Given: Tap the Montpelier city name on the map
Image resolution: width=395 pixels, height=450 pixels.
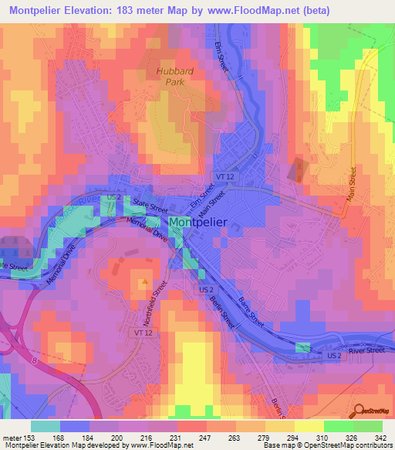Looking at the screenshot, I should (x=197, y=222).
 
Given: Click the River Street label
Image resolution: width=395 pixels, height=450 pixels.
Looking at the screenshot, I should (x=366, y=350).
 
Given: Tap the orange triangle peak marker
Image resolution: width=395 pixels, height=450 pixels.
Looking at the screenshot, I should (x=143, y=283).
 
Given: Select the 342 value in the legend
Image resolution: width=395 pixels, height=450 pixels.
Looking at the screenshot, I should (x=382, y=437).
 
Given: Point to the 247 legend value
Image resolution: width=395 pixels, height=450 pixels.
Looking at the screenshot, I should (x=206, y=437).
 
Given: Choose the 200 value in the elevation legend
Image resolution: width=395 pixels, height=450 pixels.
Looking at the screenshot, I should (x=118, y=437).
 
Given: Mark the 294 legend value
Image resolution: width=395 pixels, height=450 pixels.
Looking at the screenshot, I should (x=294, y=437).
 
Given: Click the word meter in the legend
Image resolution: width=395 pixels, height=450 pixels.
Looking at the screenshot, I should (x=11, y=437).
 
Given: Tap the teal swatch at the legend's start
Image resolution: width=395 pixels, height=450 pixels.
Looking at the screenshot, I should (x=46, y=426).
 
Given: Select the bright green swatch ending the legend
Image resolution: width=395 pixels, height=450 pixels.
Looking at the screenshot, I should (x=368, y=426).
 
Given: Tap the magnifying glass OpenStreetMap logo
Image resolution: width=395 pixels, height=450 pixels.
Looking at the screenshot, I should (x=359, y=411).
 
